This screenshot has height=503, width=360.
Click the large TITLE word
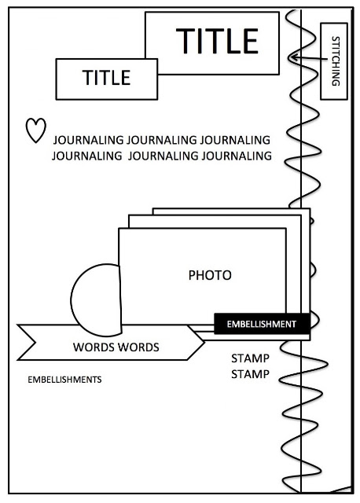[x=217, y=41]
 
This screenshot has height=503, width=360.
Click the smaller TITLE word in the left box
[x=107, y=78]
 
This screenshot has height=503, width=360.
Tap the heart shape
[x=35, y=130]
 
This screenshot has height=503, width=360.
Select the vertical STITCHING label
[x=336, y=61]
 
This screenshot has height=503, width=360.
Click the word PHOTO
[x=210, y=275]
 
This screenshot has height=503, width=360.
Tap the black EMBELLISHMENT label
[x=262, y=324]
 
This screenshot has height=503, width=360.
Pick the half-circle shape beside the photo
[x=96, y=300]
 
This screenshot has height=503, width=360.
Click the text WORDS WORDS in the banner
[x=116, y=347]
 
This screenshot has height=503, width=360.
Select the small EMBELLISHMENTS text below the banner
[x=64, y=380]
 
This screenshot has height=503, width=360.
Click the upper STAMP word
[x=250, y=358]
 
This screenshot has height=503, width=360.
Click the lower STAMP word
[x=250, y=374]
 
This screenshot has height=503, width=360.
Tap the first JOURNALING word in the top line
[x=88, y=140]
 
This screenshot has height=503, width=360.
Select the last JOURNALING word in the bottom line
[x=237, y=156]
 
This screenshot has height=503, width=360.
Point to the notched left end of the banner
[x=35, y=343]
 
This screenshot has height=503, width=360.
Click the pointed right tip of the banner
[x=204, y=343]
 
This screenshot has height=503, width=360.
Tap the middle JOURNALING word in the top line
[x=161, y=140]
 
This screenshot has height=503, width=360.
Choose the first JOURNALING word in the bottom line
[x=86, y=156]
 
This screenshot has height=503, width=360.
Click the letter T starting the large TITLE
[x=186, y=41]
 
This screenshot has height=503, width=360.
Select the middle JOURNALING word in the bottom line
[x=163, y=156]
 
